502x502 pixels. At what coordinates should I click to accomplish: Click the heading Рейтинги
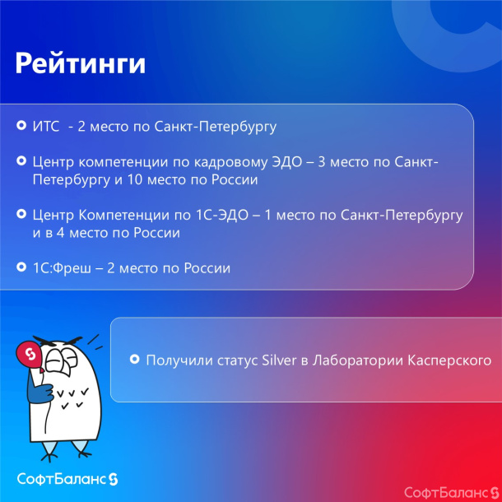[81, 63]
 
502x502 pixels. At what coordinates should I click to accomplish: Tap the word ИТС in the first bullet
[45, 127]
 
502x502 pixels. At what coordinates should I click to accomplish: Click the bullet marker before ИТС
[21, 127]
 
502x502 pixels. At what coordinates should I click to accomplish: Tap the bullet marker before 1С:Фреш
[21, 268]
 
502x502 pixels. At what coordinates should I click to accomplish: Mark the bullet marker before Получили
[134, 360]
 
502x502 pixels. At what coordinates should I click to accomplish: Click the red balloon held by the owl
[28, 354]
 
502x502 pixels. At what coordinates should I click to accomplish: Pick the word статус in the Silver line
[238, 360]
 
